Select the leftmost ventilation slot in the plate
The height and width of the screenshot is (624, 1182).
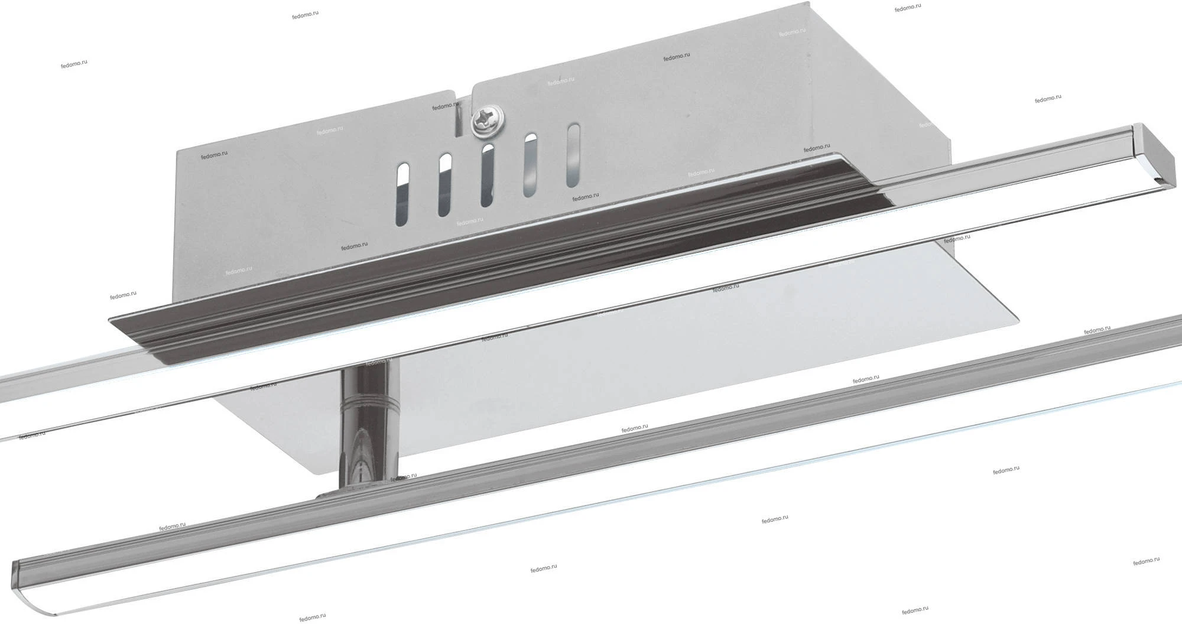401,195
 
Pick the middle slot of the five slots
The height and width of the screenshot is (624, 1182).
487,175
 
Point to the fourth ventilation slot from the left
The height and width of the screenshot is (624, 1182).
530,165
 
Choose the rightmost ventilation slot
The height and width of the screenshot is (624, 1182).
573,155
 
